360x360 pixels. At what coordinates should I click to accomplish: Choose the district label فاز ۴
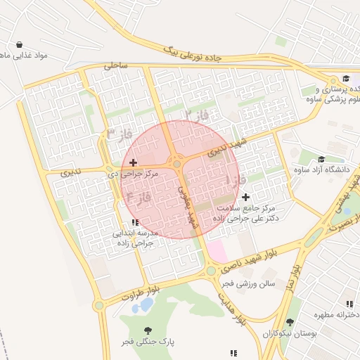click(136, 195)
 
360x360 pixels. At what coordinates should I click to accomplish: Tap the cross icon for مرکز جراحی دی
click(133, 162)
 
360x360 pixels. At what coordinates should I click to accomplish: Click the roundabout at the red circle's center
click(177, 165)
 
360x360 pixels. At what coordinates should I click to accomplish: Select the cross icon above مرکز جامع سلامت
click(245, 197)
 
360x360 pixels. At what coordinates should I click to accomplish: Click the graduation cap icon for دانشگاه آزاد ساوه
click(321, 160)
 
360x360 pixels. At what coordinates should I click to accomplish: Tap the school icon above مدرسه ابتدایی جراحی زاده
click(135, 222)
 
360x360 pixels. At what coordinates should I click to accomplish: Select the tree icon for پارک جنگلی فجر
click(147, 330)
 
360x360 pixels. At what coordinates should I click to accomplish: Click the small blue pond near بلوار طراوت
click(146, 305)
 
